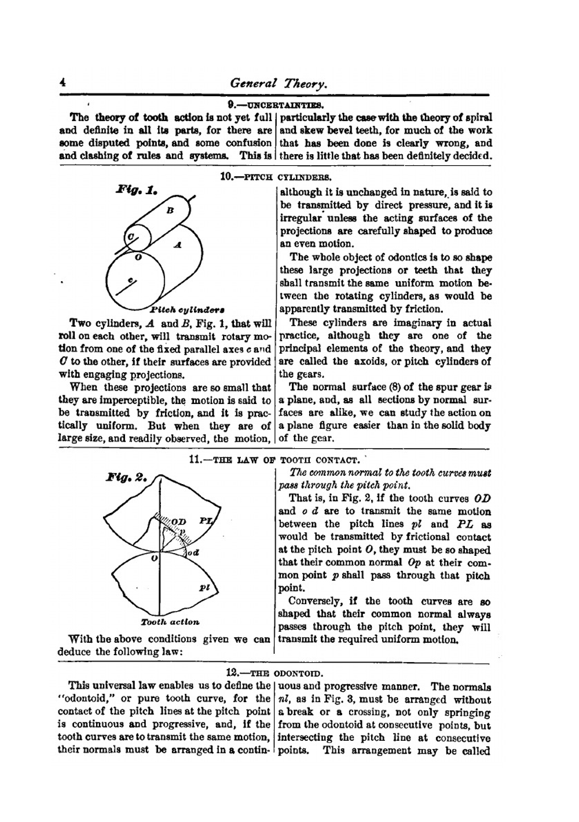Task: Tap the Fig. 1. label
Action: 137,190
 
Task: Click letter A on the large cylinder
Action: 178,246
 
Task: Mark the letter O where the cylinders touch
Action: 137,256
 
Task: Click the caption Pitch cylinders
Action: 188,309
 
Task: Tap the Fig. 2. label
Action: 127,478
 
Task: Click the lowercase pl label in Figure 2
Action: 204,587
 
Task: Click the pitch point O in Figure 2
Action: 154,558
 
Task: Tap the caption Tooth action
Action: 170,622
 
